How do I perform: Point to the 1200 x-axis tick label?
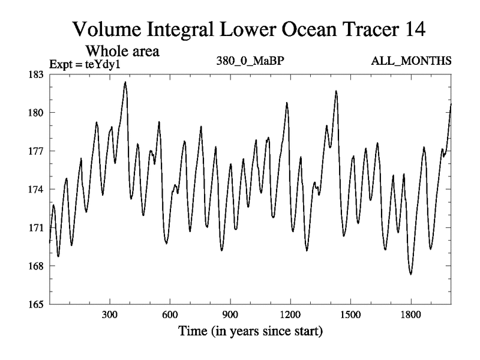point(290,315)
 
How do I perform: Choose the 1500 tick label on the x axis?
point(350,315)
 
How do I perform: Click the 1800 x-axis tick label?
point(410,315)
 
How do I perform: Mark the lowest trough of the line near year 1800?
point(411,274)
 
